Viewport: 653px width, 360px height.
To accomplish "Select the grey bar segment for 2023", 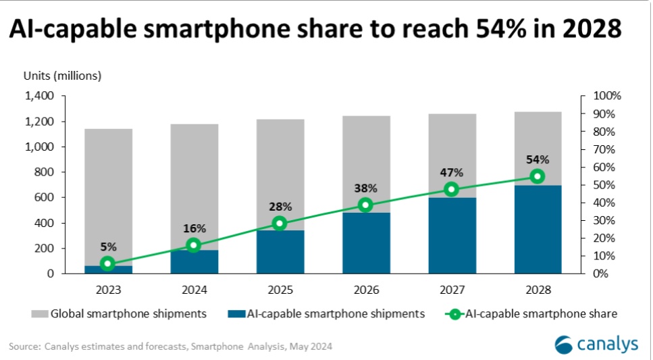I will point(109,196).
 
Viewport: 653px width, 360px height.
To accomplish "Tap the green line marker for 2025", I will point(280,224).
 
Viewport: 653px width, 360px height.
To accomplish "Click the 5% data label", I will point(108,248).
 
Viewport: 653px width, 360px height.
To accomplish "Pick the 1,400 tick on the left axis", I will point(40,97).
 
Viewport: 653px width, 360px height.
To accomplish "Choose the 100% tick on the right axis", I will point(606,97).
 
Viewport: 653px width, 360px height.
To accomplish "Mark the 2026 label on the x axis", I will point(365,290).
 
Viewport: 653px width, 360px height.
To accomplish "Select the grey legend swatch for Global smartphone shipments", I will point(39,313).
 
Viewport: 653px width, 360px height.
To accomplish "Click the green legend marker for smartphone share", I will point(456,313).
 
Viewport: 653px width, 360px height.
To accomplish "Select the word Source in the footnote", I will point(24,347).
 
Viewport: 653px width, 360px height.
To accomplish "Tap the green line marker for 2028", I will point(537,176).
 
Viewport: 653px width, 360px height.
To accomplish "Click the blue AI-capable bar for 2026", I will point(365,243).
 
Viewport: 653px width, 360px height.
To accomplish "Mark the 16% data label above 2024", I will point(194,228).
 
